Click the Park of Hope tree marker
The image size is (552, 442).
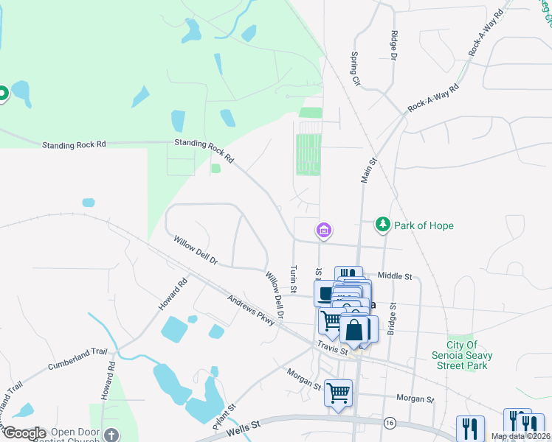382,223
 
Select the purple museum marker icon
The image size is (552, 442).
322,231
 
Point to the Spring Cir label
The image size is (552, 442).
354,68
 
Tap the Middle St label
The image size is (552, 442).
394,276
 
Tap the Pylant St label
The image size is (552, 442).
224,417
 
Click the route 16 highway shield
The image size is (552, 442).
389,423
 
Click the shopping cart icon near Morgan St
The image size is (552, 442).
339,393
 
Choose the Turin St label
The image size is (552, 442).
293,279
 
